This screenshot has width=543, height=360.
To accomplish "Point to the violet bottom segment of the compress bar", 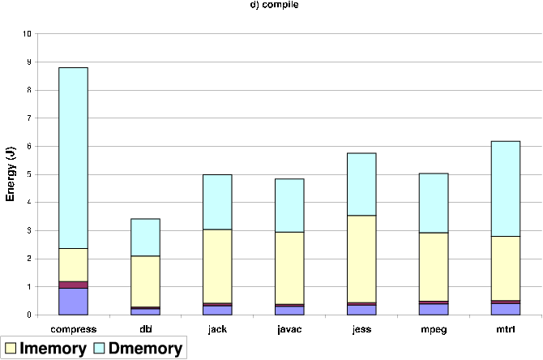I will tap(73, 301).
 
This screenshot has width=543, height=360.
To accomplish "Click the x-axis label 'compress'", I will tap(73, 328).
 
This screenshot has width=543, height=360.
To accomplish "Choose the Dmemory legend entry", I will tap(138, 349).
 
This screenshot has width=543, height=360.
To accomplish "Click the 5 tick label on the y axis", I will tap(29, 174).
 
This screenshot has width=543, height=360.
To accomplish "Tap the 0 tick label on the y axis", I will tap(29, 315).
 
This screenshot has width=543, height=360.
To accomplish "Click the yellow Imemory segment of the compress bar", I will tap(73, 264).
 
